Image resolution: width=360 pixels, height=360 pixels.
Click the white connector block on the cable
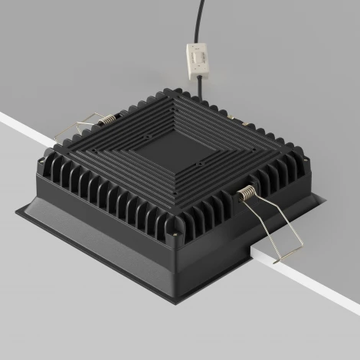point(197,57)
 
